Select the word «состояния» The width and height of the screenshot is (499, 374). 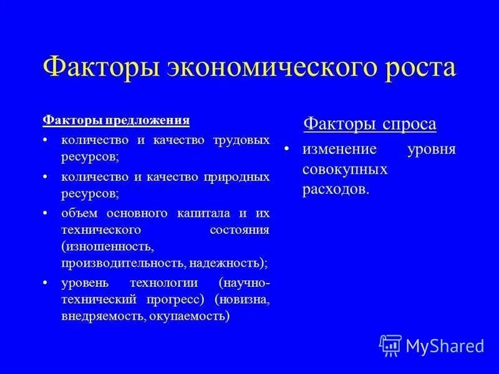240,229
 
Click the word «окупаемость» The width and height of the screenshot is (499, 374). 190,316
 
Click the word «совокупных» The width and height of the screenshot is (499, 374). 345,170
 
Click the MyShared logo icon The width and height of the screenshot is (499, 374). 390,345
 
